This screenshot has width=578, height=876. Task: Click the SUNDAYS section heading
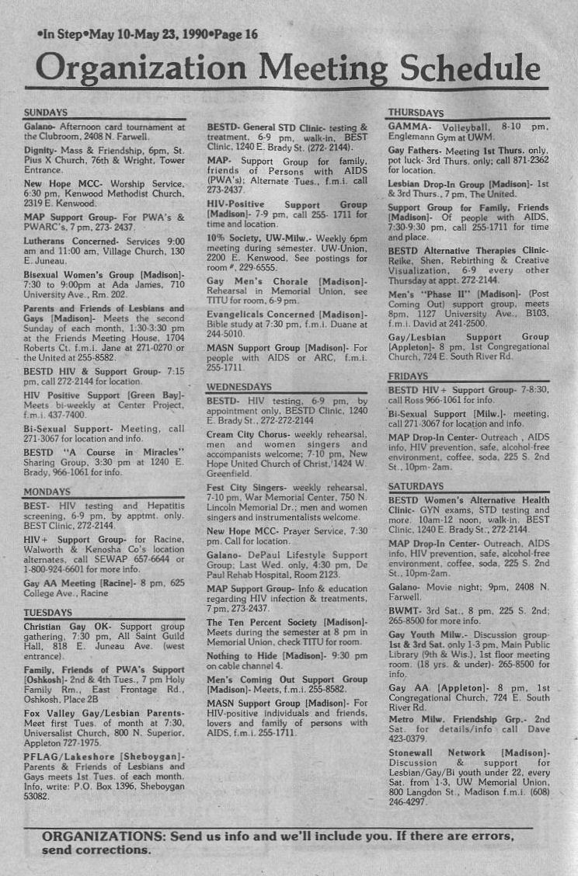point(46,113)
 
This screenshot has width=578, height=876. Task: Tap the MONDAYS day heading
point(47,492)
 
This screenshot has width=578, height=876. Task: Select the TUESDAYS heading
point(48,612)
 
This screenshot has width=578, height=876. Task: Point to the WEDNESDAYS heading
point(239,386)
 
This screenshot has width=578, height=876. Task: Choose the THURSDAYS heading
point(416,113)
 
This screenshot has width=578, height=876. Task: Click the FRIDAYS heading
point(408,376)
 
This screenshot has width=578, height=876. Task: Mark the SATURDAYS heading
point(416,485)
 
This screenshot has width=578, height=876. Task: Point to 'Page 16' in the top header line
point(236,34)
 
